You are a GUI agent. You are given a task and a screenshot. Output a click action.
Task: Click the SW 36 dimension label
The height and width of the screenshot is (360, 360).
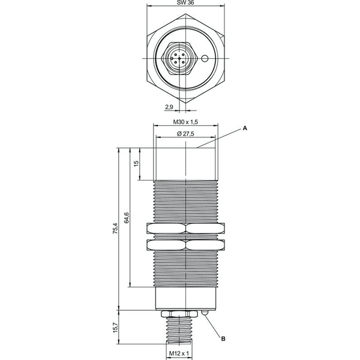click(185, 3)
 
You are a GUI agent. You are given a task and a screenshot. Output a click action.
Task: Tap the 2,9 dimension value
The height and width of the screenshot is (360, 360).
click(169, 107)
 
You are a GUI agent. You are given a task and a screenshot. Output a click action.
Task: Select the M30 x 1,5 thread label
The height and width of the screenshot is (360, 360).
click(185, 122)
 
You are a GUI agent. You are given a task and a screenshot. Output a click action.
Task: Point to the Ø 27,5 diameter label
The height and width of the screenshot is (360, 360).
click(185, 133)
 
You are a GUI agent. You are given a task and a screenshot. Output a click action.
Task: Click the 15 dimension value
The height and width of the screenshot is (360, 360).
click(136, 163)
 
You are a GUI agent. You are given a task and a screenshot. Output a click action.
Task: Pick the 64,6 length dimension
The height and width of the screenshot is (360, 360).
click(127, 217)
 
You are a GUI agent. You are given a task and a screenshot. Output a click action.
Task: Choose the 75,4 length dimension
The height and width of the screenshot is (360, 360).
click(115, 229)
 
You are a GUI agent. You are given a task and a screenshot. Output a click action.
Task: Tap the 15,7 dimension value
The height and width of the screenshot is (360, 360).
click(115, 328)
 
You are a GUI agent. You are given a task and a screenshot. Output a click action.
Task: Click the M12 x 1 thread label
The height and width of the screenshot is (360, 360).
click(179, 353)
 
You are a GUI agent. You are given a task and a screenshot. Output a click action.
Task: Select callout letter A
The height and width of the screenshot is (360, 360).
click(245, 128)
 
